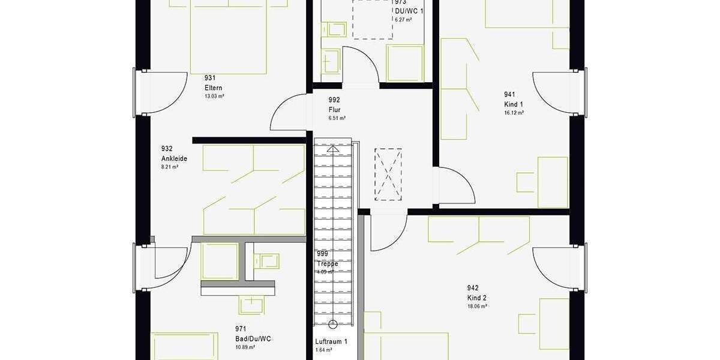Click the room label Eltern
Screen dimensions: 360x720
[214, 88]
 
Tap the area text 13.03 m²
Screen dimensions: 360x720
[214, 96]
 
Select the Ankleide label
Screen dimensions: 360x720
[174, 158]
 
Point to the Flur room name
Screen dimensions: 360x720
[335, 110]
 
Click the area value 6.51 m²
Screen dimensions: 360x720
[337, 118]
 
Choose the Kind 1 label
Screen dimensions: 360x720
[514, 104]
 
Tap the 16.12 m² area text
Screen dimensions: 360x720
[514, 113]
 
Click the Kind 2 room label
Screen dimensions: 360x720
[477, 298]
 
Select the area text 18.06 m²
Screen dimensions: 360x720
[477, 307]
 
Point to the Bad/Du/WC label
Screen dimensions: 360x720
[253, 339]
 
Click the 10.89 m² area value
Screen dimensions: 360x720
[245, 347]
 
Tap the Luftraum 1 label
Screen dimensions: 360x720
[331, 342]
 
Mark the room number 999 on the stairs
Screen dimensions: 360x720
[323, 254]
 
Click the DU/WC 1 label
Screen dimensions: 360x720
[409, 11]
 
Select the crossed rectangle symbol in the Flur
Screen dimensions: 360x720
[388, 174]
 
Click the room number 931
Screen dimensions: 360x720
[210, 78]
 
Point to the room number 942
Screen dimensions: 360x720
[473, 288]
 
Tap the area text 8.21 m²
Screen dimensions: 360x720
[170, 167]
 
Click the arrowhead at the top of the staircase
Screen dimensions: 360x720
[332, 148]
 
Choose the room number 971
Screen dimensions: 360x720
[241, 329]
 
